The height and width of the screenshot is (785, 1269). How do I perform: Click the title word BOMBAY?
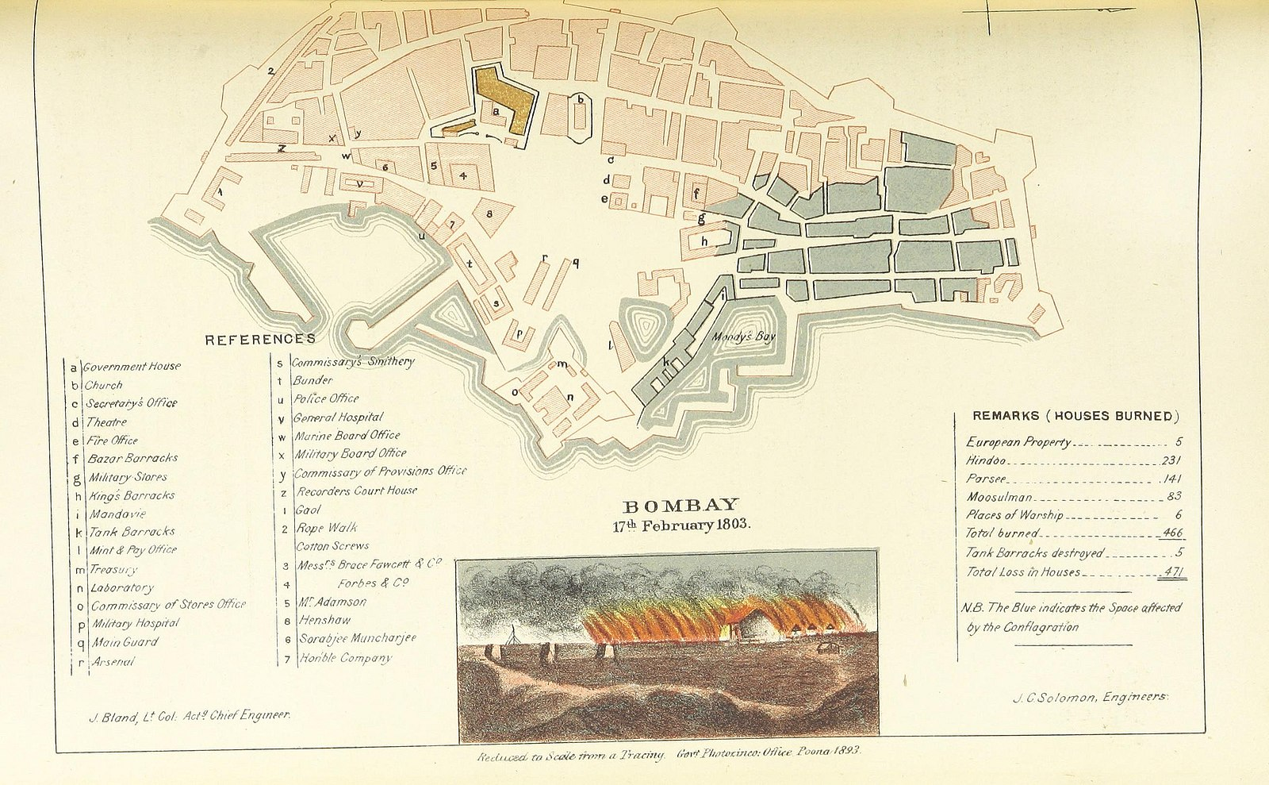(681, 506)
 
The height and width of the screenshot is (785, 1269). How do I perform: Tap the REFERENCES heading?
(260, 340)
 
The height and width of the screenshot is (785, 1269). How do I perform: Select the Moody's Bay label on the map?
(742, 337)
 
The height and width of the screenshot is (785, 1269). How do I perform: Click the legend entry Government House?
(132, 367)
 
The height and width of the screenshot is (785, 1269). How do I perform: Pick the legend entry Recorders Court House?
(356, 491)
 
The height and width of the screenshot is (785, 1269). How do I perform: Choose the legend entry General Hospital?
(338, 417)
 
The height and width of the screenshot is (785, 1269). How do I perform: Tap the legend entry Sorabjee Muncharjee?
(357, 638)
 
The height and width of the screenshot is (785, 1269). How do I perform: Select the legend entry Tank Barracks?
(132, 532)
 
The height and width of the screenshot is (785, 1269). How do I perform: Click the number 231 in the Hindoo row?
(1171, 460)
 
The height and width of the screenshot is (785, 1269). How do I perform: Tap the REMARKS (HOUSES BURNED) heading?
(1076, 416)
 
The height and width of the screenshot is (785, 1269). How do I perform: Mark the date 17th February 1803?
(680, 525)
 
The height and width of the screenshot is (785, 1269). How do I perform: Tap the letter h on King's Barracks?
(704, 240)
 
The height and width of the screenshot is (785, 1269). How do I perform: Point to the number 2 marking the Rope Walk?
(270, 71)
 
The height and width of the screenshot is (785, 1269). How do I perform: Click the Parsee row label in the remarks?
(986, 479)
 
